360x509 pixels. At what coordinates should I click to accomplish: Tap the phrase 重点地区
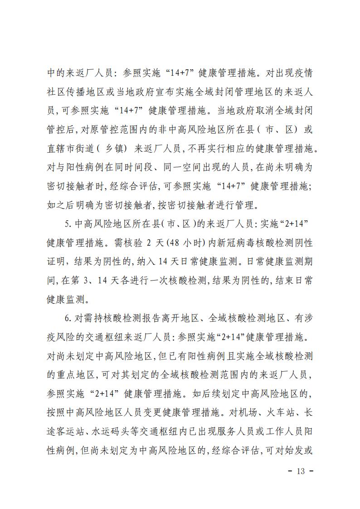click(73, 375)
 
